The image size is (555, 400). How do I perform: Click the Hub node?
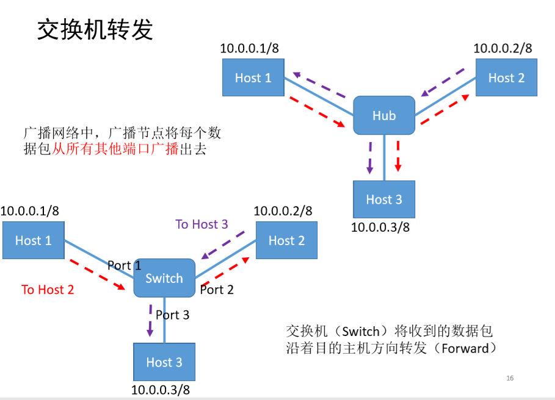(384, 115)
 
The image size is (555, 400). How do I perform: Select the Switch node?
(164, 278)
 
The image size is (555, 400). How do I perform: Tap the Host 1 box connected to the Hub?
(253, 77)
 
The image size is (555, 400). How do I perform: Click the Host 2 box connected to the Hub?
(506, 77)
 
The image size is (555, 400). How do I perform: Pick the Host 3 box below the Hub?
(384, 199)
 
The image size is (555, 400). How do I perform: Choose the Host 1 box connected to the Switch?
(33, 240)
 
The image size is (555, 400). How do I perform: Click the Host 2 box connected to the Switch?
(286, 240)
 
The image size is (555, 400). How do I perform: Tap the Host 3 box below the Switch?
(164, 362)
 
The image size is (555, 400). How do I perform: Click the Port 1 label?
(124, 265)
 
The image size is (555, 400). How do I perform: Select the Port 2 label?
(217, 290)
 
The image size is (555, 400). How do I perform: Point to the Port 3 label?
(172, 315)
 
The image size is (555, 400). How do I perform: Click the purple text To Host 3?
(201, 224)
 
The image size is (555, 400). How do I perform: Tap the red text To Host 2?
(48, 290)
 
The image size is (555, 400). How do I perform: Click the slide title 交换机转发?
(95, 29)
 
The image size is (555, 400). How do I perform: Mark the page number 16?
(510, 379)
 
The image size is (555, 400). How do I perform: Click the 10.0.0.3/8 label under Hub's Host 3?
(380, 227)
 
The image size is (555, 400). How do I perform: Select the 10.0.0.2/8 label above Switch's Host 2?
(283, 211)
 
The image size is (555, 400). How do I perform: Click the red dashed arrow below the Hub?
(398, 156)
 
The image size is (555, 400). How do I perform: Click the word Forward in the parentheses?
(465, 348)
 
